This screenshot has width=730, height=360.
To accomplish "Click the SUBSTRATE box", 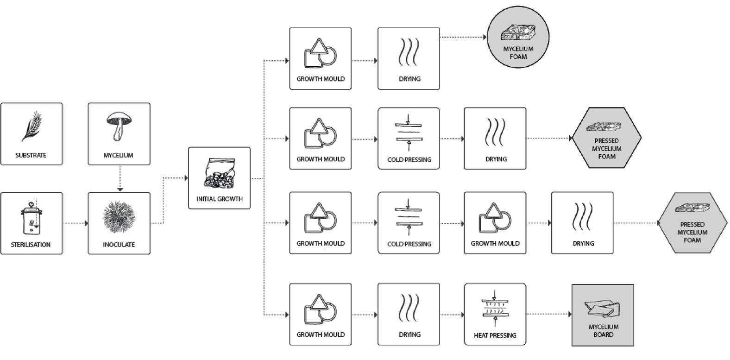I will point(31,134).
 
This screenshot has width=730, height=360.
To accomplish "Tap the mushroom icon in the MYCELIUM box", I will point(119,126).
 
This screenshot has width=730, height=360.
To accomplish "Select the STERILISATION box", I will point(31,223).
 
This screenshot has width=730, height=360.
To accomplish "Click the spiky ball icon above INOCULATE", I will point(119,216).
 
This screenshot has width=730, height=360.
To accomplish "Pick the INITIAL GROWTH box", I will point(219,178).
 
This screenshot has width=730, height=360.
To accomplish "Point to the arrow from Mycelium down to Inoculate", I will point(120,178).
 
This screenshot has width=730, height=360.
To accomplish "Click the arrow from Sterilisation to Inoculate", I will point(75,223).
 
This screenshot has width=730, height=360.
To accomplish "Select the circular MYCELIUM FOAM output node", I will point(518,38).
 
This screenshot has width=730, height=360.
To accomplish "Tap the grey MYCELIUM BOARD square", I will point(603,315).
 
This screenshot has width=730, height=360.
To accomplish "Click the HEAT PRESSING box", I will point(495,315).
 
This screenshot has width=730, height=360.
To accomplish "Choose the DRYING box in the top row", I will point(409,58).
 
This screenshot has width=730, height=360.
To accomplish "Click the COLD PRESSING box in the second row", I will point(409,139).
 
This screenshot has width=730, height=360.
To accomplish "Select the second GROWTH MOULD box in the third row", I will point(495,223).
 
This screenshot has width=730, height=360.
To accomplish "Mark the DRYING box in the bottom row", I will point(409,315).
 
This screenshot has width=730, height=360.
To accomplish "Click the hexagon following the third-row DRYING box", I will point(692,223).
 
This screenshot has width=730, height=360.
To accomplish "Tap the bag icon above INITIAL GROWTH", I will point(219,173).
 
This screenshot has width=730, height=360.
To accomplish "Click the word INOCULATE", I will point(119,245).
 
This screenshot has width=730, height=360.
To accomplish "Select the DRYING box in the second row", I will point(495,139).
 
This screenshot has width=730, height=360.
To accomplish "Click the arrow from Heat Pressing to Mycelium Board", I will point(549,315).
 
